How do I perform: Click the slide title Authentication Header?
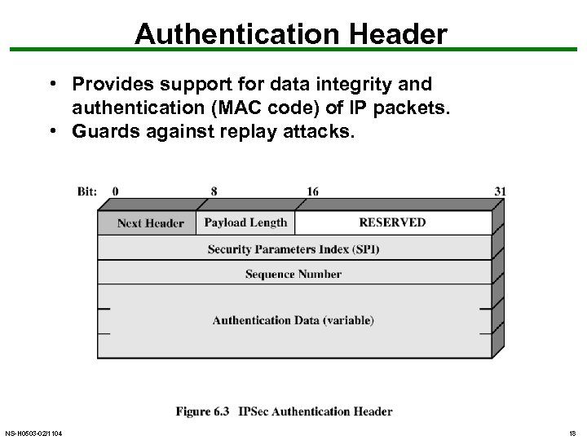click(291, 34)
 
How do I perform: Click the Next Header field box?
click(151, 222)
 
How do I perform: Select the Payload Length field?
click(245, 222)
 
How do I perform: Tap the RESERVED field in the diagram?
click(392, 222)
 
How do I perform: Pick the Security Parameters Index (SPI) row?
click(293, 249)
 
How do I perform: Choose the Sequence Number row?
click(293, 274)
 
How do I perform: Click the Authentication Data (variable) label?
click(293, 320)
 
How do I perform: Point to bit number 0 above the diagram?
click(115, 191)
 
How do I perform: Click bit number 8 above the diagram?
click(214, 191)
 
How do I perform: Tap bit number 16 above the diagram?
click(312, 191)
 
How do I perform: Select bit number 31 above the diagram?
click(500, 191)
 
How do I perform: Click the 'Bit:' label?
click(87, 191)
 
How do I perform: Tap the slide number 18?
click(572, 433)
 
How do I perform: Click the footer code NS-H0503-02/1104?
click(33, 433)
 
